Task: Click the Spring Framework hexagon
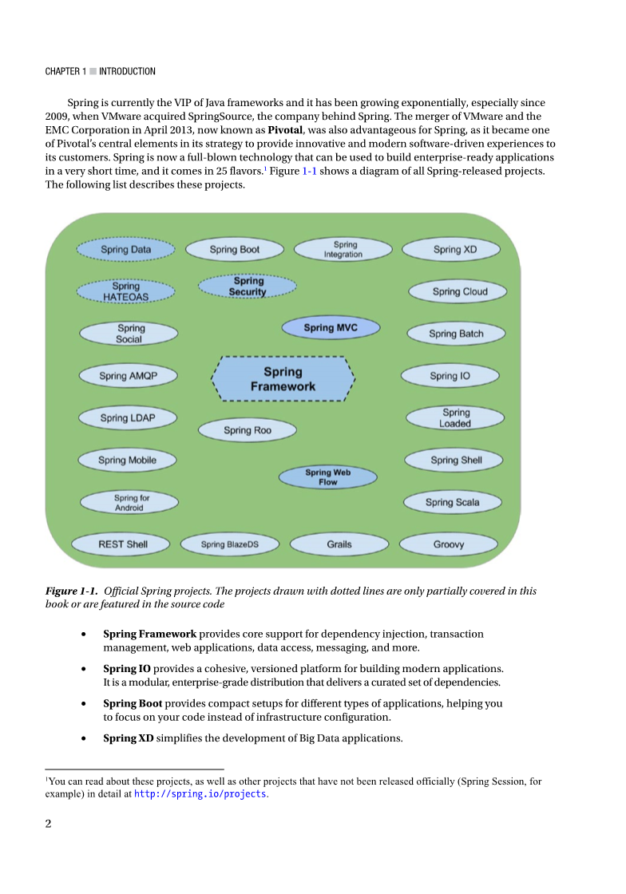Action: (283, 378)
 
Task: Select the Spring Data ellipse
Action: (125, 250)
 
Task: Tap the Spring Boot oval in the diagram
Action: (235, 250)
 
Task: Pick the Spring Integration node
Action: (343, 250)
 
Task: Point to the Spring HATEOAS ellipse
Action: (125, 291)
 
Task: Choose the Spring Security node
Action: (248, 287)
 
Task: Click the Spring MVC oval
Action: (331, 327)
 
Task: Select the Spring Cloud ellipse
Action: (459, 291)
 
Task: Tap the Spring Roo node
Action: (248, 430)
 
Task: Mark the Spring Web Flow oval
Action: (328, 477)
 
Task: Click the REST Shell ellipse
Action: (123, 544)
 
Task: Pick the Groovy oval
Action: (449, 544)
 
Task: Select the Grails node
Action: (339, 544)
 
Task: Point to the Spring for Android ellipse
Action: (129, 503)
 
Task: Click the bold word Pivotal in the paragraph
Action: (285, 130)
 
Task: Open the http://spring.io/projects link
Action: (200, 794)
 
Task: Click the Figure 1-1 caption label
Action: (71, 591)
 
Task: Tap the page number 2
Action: (48, 825)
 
